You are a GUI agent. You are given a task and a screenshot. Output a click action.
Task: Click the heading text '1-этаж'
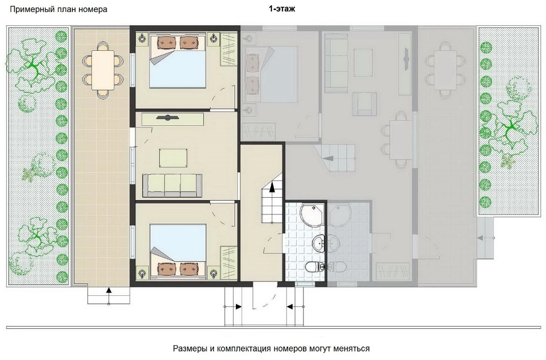282,9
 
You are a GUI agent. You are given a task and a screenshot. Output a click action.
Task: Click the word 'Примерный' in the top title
30,10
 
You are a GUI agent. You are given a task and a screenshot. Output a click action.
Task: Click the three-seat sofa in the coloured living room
172,185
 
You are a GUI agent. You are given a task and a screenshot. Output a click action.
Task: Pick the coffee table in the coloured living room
173,158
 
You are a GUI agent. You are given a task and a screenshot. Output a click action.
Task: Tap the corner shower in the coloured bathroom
312,215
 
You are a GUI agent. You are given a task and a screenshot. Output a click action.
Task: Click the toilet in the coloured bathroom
314,267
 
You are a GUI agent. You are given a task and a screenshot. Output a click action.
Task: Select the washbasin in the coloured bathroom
319,243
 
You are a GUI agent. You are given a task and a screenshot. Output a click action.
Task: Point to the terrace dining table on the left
103,70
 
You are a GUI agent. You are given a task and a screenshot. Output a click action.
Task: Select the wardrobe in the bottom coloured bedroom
229,262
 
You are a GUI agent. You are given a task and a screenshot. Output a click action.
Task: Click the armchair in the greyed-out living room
365,103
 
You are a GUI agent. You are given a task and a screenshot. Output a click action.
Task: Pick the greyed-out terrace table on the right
446,70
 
